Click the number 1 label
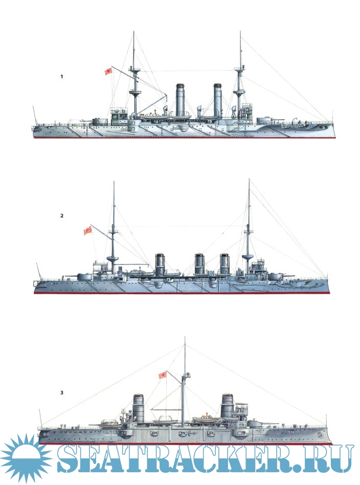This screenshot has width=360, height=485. coord(62,76)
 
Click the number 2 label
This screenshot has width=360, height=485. coord(62,215)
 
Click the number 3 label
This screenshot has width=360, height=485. coord(62,392)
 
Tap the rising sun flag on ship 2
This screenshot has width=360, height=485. coord(88,230)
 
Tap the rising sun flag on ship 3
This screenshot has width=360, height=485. coord(163,375)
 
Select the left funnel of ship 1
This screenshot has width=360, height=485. coord(180,100)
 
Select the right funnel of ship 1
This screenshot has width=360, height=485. coord(218,100)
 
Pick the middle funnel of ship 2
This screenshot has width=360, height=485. coord(199,264)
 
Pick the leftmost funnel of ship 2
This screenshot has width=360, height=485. coord(160,264)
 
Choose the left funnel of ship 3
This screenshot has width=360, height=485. coord(139,408)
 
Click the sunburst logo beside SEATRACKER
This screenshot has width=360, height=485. coord(26,458)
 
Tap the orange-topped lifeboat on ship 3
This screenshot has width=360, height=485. coord(206,419)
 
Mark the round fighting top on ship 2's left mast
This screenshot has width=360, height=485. coord(114,258)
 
